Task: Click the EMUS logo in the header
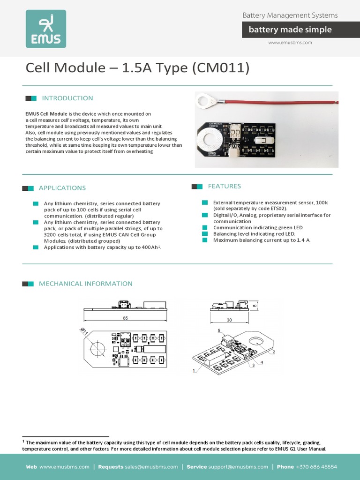(45, 29)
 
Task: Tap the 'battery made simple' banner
(290, 30)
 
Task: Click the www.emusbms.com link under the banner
(290, 43)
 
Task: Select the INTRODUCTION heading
(67, 98)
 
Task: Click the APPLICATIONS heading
(62, 188)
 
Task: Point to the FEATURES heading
(224, 186)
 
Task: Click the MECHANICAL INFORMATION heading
(85, 284)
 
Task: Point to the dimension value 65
(125, 318)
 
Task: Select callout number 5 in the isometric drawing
(218, 330)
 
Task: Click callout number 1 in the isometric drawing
(194, 371)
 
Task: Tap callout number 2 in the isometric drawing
(273, 352)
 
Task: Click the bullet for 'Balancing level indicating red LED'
(204, 233)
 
